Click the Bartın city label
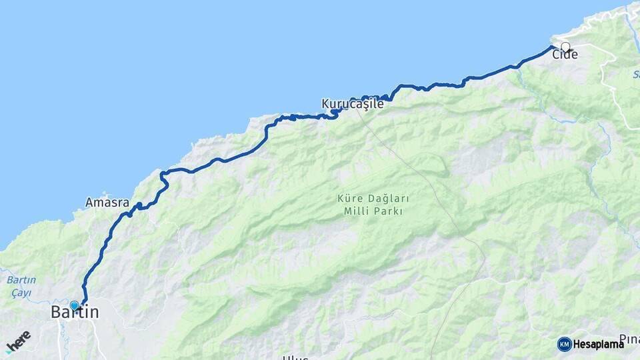click(75, 312)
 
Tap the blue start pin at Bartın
click(74, 306)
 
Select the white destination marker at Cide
click(565, 47)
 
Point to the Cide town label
click(565, 55)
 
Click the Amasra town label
click(107, 202)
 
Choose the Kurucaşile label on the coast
click(353, 104)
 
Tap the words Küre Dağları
click(373, 199)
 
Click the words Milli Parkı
click(373, 211)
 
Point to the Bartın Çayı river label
click(23, 286)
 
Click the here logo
click(18, 342)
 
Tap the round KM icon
click(564, 344)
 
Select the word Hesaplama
click(598, 344)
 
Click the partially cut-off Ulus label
click(295, 357)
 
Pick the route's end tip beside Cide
click(553, 47)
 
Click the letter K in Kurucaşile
click(326, 104)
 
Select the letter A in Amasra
click(89, 202)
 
